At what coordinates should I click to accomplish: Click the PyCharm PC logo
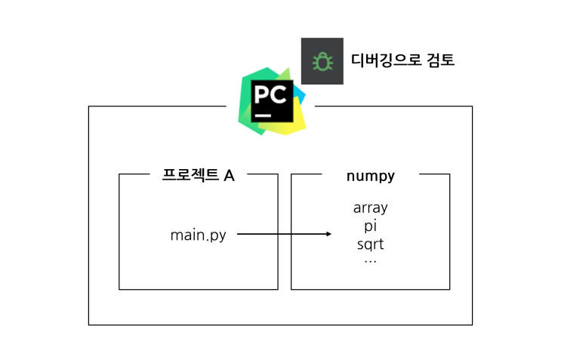pyautogui.click(x=272, y=101)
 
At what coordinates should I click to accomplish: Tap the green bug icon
pyautogui.click(x=322, y=62)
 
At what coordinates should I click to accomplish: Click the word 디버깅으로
pyautogui.click(x=386, y=60)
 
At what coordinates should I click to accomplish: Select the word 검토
pyautogui.click(x=441, y=60)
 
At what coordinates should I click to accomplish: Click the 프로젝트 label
pyautogui.click(x=190, y=175)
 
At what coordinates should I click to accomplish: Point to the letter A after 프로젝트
pyautogui.click(x=229, y=176)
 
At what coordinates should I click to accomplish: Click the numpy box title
pyautogui.click(x=371, y=177)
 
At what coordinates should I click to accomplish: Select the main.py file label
pyautogui.click(x=199, y=235)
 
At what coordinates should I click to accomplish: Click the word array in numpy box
pyautogui.click(x=370, y=208)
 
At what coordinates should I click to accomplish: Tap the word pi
pyautogui.click(x=370, y=226)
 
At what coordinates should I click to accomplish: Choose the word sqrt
pyautogui.click(x=370, y=245)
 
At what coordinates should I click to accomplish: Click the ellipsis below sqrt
pyautogui.click(x=370, y=262)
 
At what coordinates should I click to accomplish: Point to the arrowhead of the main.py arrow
pyautogui.click(x=329, y=234)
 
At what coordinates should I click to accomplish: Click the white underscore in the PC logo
pyautogui.click(x=263, y=115)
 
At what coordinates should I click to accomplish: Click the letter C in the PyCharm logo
pyautogui.click(x=279, y=95)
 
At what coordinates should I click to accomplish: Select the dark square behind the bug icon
pyautogui.click(x=322, y=61)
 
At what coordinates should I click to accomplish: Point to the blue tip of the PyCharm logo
pyautogui.click(x=301, y=95)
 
